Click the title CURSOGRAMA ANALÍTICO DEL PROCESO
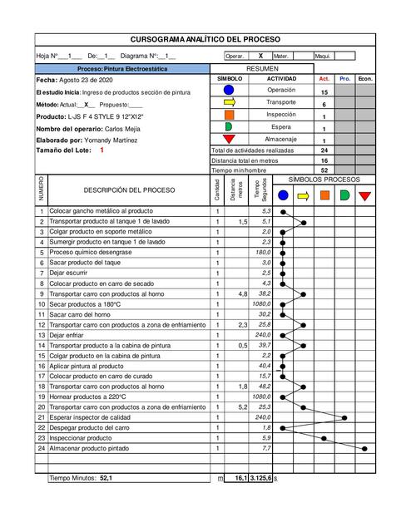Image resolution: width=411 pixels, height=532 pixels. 205,39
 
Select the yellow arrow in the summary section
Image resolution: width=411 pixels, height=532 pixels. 230,104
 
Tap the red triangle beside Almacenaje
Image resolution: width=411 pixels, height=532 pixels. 230,140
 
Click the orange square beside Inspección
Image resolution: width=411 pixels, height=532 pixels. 230,115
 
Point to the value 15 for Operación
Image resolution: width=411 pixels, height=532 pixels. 324,92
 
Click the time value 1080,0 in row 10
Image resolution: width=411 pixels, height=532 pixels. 262,304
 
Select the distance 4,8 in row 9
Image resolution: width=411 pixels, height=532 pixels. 242,293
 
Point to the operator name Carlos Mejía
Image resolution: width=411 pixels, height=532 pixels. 121,129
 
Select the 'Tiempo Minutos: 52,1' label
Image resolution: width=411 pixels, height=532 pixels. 82,479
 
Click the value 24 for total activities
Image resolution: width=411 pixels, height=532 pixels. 324,150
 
